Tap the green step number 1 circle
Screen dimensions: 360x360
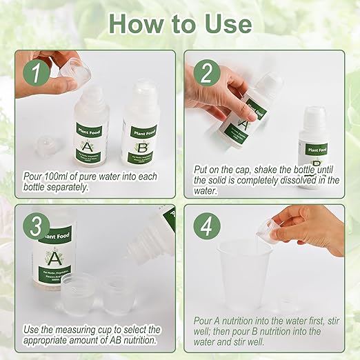tap(34, 73)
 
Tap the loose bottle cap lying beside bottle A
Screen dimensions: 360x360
tap(45, 148)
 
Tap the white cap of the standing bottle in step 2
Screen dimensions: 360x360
tap(314, 115)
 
